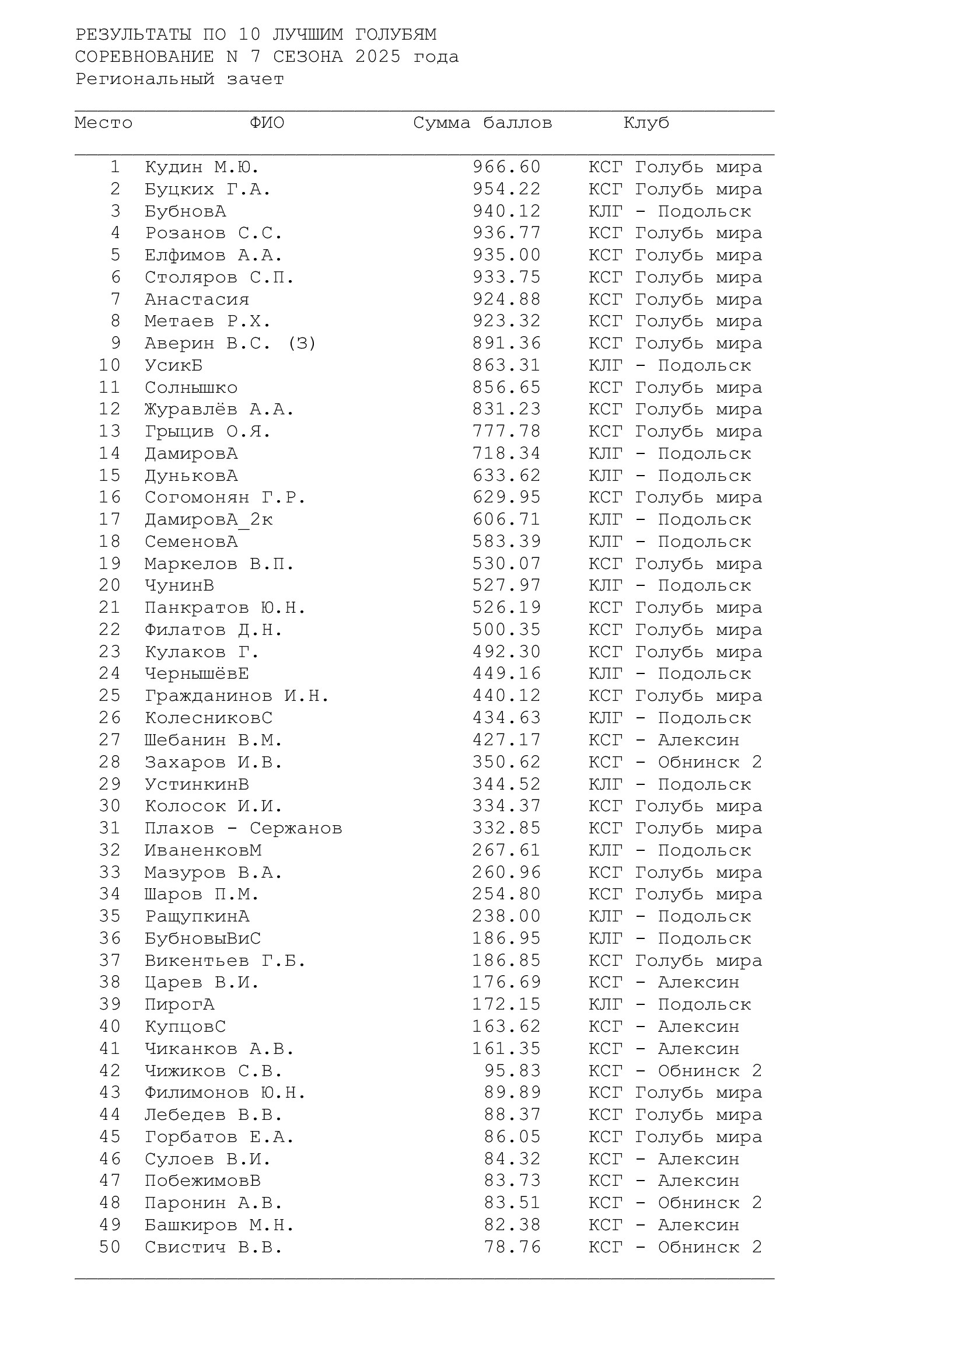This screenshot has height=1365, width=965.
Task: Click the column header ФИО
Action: (267, 123)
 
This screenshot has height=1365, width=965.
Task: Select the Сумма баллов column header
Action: (482, 123)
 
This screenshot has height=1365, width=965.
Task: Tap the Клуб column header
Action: (646, 123)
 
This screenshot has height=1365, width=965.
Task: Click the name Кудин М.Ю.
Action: (202, 167)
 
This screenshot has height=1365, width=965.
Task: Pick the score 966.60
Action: (506, 167)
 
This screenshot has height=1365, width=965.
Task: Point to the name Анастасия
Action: (197, 299)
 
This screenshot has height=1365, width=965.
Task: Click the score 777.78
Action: (506, 432)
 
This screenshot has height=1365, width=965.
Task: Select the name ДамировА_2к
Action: (208, 519)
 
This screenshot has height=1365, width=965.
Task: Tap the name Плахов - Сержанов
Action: (243, 828)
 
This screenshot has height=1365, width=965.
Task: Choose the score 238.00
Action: (506, 916)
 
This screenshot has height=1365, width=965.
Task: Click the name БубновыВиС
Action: (202, 938)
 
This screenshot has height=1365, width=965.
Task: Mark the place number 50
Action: (110, 1247)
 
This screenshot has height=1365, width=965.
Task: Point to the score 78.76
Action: (512, 1247)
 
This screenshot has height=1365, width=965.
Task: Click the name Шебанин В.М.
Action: (214, 740)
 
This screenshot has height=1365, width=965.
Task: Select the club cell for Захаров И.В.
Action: (675, 762)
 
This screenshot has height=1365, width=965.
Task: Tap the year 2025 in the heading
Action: (378, 57)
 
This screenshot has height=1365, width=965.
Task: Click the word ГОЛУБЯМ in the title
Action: (396, 35)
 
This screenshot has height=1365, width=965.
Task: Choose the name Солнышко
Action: (191, 387)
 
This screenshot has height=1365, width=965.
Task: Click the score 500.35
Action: (506, 630)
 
